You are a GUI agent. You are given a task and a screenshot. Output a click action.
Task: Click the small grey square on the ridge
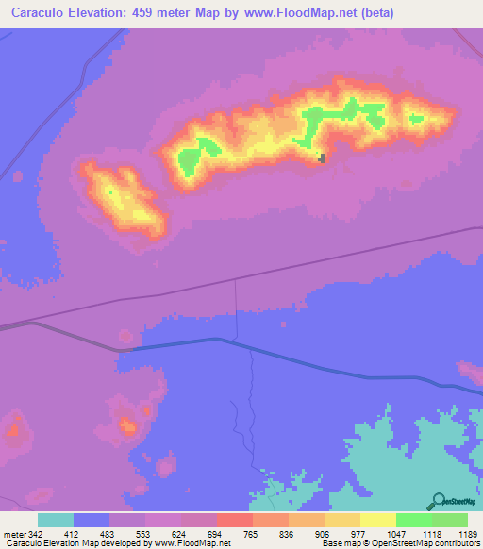[323, 158]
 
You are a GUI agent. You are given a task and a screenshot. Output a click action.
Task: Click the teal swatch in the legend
[56, 520]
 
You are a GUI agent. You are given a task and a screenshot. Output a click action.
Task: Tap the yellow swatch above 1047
[378, 520]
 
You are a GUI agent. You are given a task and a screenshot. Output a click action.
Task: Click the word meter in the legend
[11, 534]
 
